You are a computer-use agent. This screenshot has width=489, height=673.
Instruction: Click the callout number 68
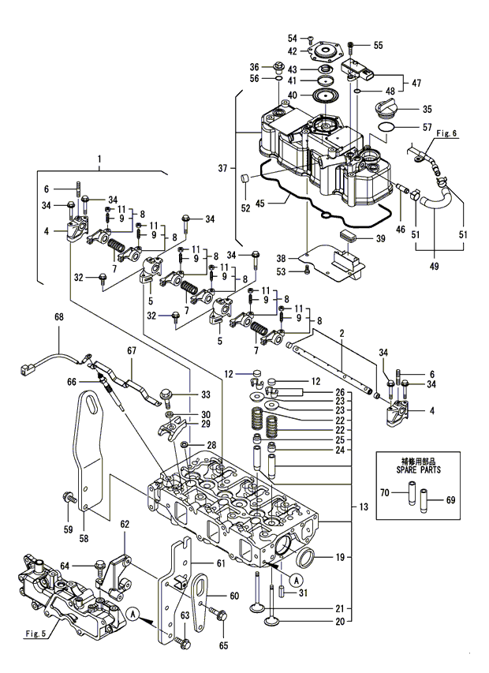coord(58,317)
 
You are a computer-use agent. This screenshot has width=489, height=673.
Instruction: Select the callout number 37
coord(224,168)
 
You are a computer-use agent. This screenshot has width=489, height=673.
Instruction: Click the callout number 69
coord(450,500)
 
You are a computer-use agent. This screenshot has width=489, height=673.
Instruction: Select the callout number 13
coord(363,506)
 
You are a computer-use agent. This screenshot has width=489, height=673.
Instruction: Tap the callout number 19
coord(340,557)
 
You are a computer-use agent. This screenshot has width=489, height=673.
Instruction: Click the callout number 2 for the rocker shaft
coord(341,335)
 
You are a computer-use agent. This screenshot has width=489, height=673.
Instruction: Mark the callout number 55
coord(378,46)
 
